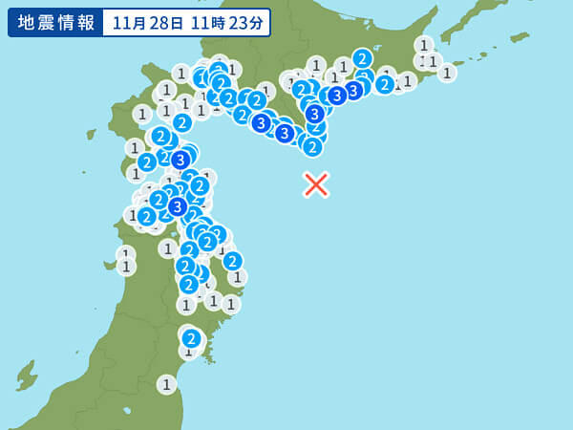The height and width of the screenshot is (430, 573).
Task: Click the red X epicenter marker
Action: (x=316, y=184)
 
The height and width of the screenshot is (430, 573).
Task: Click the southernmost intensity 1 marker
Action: (x=167, y=384)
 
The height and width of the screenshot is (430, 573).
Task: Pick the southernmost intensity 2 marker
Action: (x=191, y=338)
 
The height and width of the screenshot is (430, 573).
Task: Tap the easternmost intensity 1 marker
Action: (x=446, y=72)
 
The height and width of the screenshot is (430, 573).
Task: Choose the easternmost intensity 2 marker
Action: (x=385, y=84)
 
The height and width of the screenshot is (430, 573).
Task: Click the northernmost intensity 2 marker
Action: (x=362, y=58)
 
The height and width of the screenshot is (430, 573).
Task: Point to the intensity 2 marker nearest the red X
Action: (x=312, y=146)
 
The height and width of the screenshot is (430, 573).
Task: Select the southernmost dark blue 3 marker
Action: (x=178, y=206)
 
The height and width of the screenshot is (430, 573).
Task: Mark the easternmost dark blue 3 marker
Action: (x=353, y=90)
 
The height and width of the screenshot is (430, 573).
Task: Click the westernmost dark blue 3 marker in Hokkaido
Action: (x=261, y=122)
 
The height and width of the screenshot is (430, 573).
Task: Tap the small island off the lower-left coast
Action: (x=26, y=375)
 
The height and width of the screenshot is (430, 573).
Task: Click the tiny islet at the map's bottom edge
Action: (x=127, y=411)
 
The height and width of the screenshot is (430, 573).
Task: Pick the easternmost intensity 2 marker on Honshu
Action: (x=232, y=261)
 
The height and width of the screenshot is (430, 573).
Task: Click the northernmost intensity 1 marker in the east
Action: (x=424, y=45)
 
